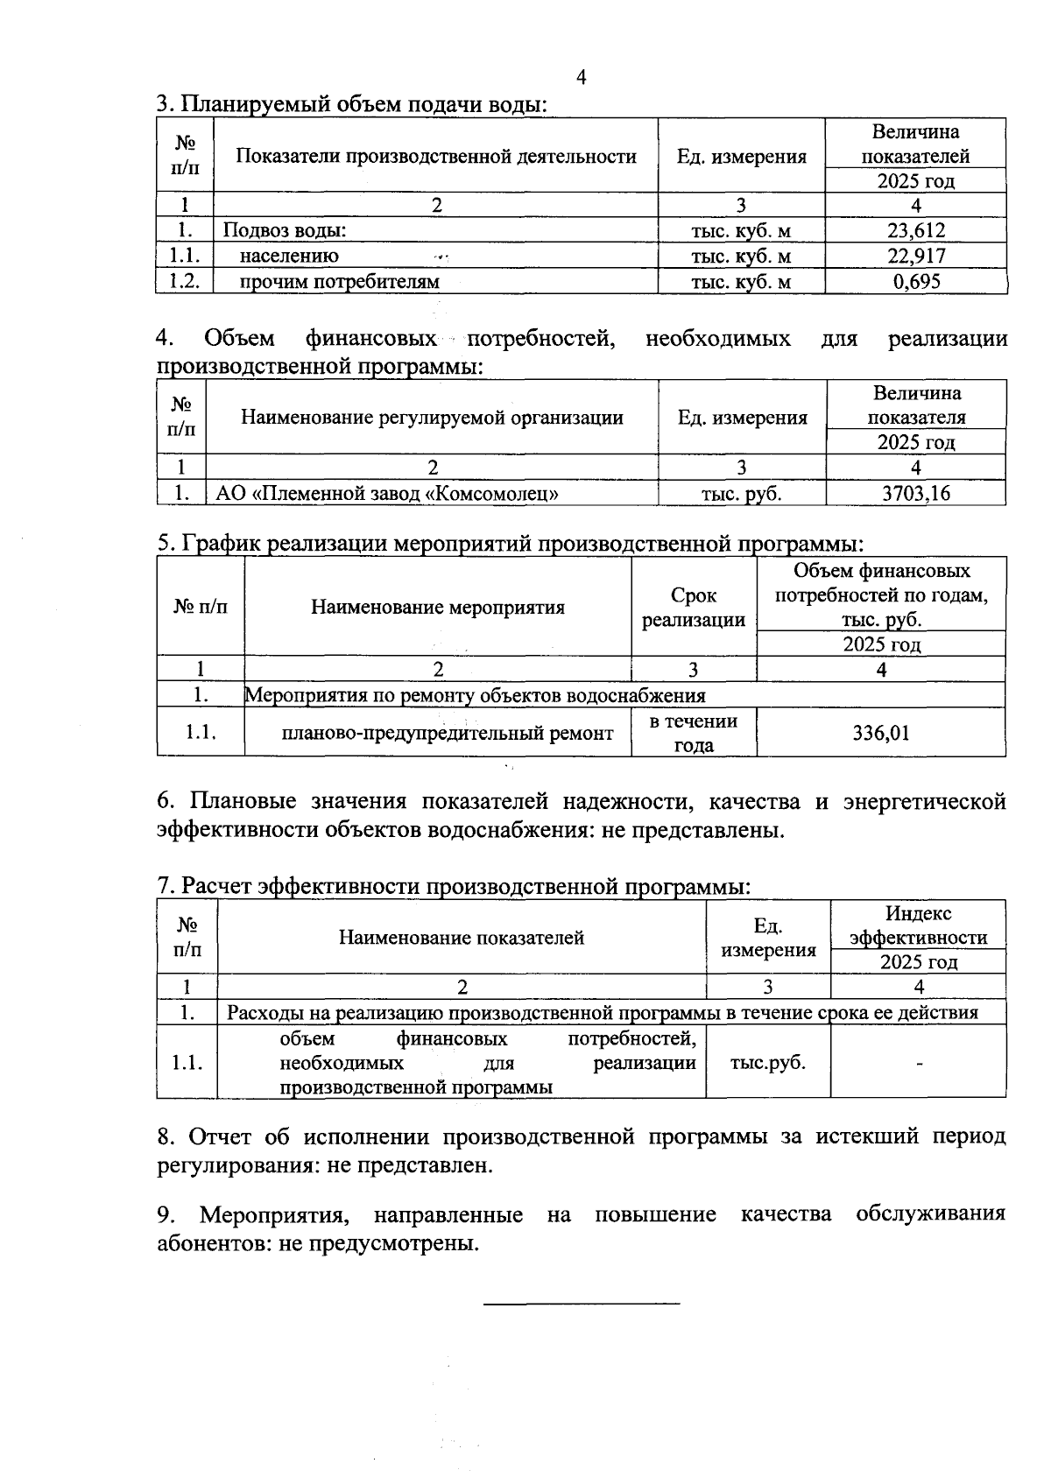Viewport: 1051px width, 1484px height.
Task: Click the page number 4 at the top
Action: click(582, 78)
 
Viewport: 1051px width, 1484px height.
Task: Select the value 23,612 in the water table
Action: click(916, 231)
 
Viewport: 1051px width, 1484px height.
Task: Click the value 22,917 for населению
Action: click(916, 256)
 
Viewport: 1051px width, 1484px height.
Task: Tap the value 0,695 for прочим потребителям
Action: click(916, 281)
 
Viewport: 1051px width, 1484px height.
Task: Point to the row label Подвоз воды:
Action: click(285, 231)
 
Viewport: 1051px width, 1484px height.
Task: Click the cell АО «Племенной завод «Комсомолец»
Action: click(387, 493)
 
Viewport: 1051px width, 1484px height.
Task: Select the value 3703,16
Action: click(916, 493)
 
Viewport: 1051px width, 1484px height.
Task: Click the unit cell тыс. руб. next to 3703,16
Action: click(741, 493)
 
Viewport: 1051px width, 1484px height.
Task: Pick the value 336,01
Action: click(881, 733)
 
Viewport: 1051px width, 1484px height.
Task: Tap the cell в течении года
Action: click(693, 733)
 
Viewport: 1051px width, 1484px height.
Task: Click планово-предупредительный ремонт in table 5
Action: click(447, 734)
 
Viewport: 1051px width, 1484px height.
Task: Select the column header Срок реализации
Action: click(693, 608)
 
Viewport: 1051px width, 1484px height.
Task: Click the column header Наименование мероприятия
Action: click(438, 608)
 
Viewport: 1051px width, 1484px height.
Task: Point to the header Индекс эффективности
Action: click(918, 925)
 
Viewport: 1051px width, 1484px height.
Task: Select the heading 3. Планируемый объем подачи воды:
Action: click(351, 104)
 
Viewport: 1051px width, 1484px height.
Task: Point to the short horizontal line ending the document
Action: click(582, 1305)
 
